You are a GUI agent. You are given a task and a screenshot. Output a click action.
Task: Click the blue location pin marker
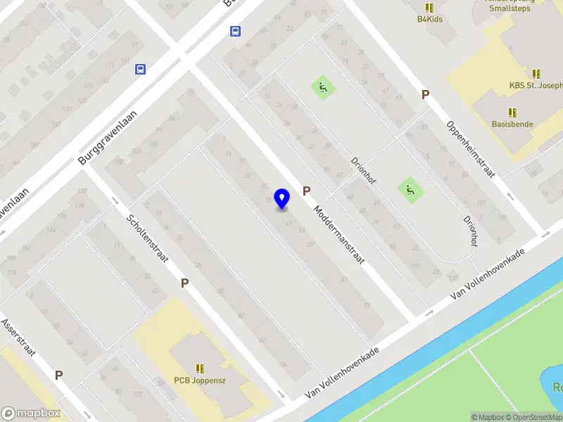[282, 198]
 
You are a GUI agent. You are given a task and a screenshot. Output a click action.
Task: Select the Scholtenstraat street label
[147, 237]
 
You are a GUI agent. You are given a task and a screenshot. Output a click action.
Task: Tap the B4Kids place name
[429, 19]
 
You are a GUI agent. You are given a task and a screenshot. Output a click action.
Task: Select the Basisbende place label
[512, 124]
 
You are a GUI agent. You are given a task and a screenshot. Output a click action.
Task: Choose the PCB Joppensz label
[200, 381]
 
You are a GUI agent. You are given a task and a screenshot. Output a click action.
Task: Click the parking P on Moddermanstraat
[307, 191]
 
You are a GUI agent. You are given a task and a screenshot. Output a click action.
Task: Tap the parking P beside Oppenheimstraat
[425, 94]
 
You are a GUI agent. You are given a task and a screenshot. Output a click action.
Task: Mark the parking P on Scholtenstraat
[185, 283]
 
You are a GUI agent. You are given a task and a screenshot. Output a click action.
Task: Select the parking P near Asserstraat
[59, 376]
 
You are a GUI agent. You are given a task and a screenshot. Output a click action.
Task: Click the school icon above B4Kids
[429, 7]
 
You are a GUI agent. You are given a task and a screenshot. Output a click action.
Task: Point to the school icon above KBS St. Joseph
[537, 74]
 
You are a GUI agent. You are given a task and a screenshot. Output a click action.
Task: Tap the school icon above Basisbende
[512, 112]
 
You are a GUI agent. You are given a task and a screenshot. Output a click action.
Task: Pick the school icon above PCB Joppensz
[200, 369]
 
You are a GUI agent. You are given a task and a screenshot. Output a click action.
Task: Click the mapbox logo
[31, 413]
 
